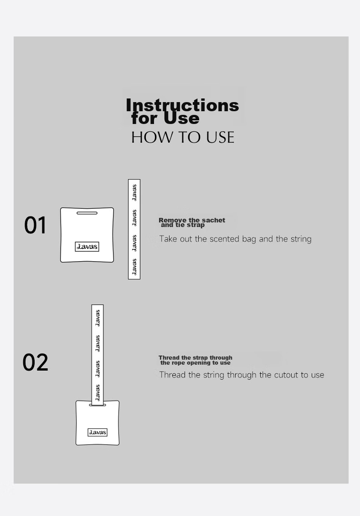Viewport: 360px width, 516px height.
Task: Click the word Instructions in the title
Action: pos(182,105)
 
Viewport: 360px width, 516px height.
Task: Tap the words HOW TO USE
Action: pos(183,137)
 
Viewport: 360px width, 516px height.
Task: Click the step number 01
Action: pos(35,225)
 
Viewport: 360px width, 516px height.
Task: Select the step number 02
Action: pos(35,362)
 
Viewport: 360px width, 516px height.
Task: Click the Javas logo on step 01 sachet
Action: pos(87,247)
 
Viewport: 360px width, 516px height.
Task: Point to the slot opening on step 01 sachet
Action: pos(87,213)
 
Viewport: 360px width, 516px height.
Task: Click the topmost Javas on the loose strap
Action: pos(134,192)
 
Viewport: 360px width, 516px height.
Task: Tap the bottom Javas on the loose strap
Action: pos(134,267)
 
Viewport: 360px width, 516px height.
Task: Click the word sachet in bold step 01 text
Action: pos(214,220)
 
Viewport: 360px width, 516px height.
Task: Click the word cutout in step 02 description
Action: pos(286,375)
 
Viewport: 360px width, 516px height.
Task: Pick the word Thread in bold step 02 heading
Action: pos(169,358)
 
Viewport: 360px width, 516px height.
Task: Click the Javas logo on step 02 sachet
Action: pos(98,432)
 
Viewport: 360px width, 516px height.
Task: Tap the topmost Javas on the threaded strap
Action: pos(98,318)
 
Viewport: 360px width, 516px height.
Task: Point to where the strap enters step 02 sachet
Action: pos(98,405)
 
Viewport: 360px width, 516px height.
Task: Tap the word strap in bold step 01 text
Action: pos(196,225)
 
